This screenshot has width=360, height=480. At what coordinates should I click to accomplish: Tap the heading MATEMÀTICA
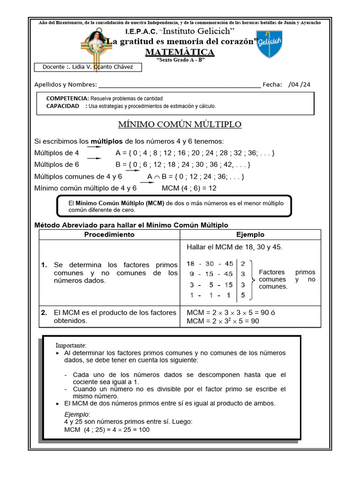pos(180,52)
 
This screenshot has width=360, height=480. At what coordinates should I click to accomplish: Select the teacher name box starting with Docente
pos(88,67)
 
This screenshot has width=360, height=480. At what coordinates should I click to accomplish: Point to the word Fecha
pos(272,84)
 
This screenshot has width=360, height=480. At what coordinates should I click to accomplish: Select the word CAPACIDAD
pos(63,106)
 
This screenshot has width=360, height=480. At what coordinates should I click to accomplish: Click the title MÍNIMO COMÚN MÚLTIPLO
pos(180,125)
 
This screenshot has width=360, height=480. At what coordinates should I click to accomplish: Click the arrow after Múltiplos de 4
pos(94,147)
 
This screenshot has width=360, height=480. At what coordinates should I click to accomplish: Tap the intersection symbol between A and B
pos(157,177)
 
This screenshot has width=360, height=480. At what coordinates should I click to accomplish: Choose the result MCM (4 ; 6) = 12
pos(189,188)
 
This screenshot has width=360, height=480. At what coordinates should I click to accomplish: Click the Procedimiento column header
pos(109,234)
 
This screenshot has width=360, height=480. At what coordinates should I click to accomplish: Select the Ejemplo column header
pos(250,234)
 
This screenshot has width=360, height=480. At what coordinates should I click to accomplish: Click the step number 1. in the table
pos(45,265)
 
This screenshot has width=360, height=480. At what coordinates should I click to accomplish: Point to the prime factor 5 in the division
pos(242,295)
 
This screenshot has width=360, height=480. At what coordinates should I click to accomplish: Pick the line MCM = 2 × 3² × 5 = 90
pos(223,321)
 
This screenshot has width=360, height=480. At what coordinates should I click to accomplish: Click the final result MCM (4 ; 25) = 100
pos(107,429)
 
